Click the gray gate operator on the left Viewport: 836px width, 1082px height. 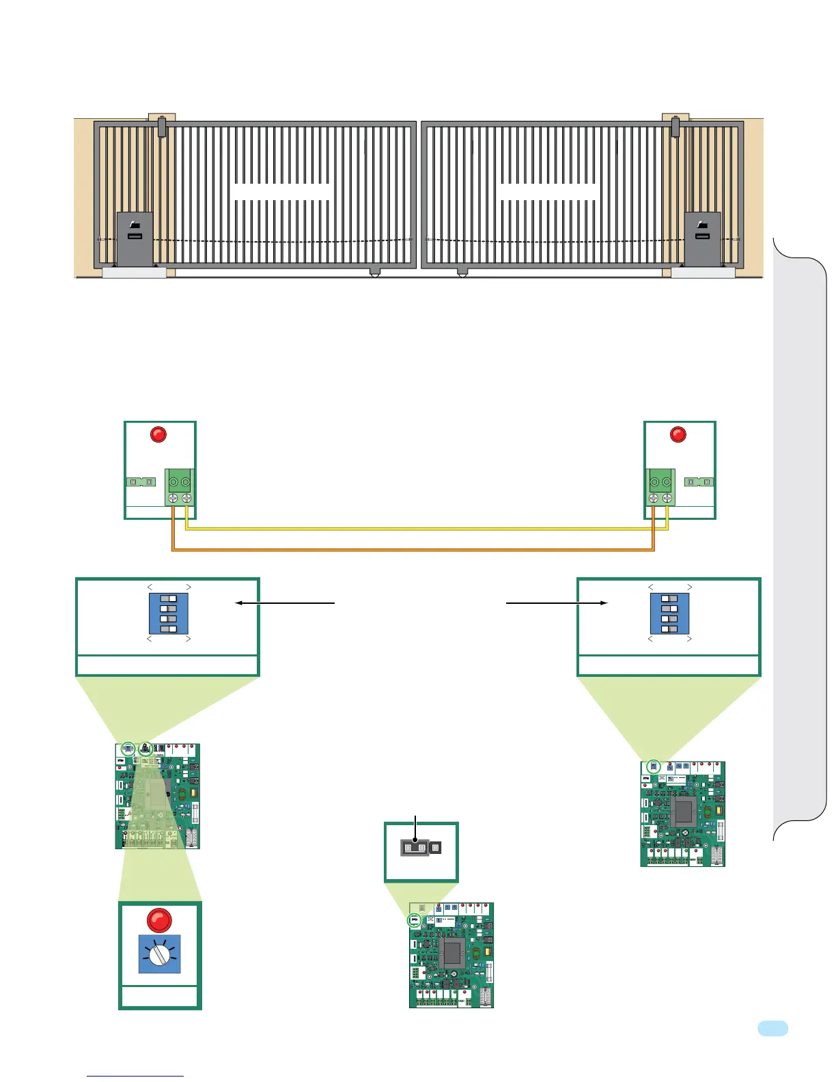click(x=134, y=238)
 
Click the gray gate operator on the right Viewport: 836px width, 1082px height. click(x=702, y=238)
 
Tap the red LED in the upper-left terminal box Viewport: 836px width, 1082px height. click(x=158, y=434)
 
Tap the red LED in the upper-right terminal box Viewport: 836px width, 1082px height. click(x=678, y=434)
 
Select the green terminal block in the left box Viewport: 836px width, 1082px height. click(x=180, y=487)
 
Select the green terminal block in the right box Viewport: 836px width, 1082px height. click(x=660, y=487)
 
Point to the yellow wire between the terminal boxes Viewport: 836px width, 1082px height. click(x=423, y=529)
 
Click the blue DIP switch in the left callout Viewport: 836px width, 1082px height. click(x=168, y=613)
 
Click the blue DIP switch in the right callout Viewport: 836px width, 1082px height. click(x=669, y=613)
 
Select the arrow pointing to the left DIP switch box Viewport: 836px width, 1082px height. click(x=284, y=603)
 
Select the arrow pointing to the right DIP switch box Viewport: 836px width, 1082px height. click(x=557, y=603)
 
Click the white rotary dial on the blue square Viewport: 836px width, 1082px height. click(x=159, y=954)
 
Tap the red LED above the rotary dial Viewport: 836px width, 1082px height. click(x=159, y=919)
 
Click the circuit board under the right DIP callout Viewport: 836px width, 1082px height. click(x=682, y=814)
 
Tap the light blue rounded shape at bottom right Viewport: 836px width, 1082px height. click(x=772, y=1029)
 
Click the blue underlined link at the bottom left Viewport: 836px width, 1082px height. click(x=135, y=1076)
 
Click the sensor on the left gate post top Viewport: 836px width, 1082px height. click(x=162, y=127)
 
